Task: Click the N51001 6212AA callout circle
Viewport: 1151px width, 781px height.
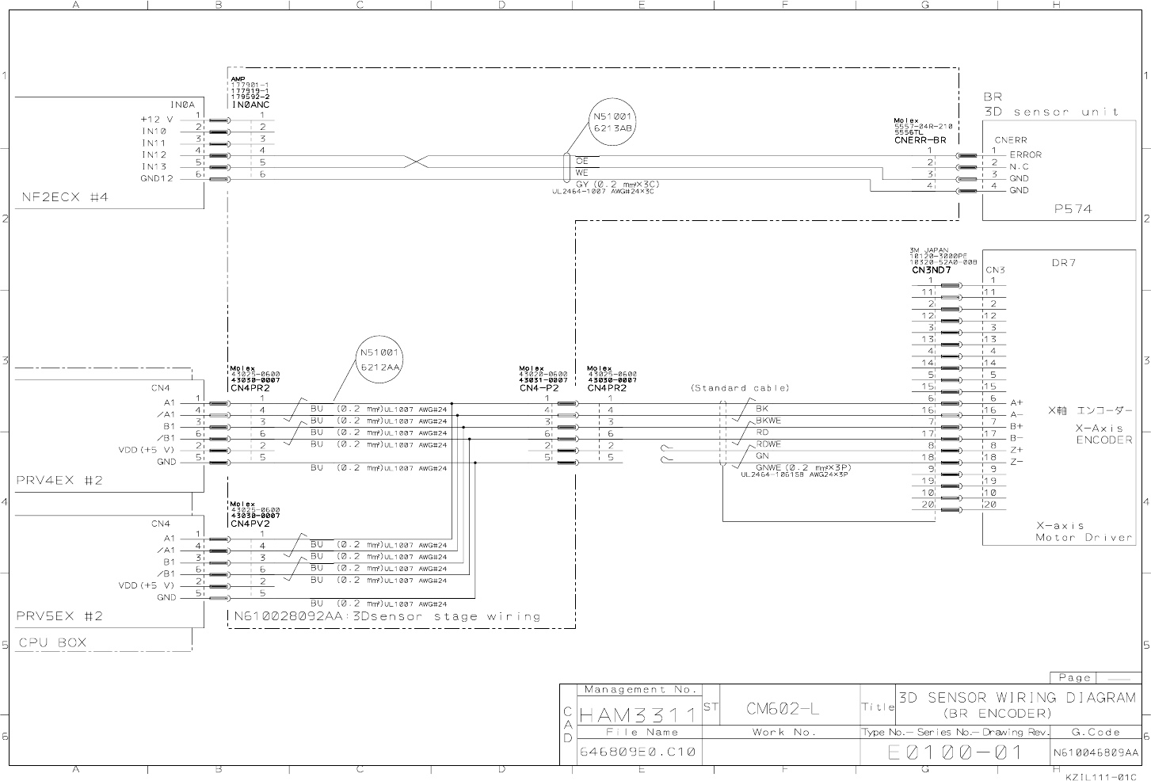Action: (x=380, y=360)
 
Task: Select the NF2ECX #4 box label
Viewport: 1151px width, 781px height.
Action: (x=64, y=198)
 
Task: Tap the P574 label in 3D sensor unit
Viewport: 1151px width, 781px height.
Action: (x=1072, y=209)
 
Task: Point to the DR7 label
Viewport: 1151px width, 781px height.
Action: (x=1063, y=263)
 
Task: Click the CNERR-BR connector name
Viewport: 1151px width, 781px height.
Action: (x=920, y=140)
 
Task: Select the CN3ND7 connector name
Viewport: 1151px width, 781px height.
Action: (x=931, y=270)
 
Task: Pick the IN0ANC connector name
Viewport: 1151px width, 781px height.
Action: (x=250, y=104)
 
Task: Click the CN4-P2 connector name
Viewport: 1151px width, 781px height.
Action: (x=539, y=388)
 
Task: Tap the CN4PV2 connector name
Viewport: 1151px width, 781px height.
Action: (x=250, y=524)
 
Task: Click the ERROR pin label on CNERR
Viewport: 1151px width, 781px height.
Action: (x=1025, y=155)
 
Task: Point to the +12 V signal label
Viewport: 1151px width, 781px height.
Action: (x=157, y=120)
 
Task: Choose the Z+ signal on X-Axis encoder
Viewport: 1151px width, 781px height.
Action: (x=1016, y=450)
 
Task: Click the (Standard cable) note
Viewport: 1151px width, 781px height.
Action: (x=740, y=388)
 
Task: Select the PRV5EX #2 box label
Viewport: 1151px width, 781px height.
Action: (x=59, y=616)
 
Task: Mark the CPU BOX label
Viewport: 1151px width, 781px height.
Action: (x=52, y=642)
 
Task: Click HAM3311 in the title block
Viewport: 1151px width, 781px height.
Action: (x=638, y=715)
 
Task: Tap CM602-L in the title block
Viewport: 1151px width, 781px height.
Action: (x=783, y=709)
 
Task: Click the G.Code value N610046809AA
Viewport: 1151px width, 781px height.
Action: (x=1096, y=752)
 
